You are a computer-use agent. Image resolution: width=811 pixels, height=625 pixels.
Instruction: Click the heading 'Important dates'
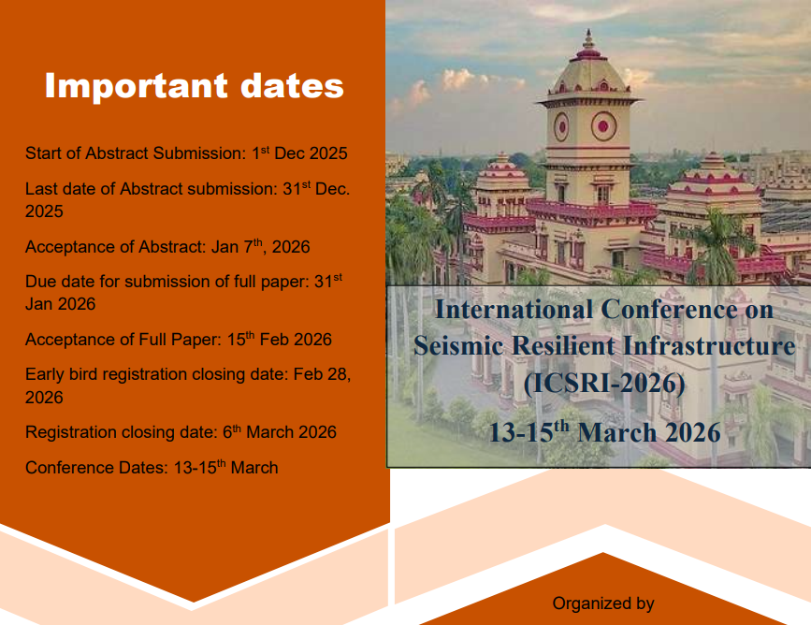pos(194,85)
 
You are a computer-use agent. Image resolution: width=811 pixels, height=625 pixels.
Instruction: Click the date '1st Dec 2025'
pos(299,153)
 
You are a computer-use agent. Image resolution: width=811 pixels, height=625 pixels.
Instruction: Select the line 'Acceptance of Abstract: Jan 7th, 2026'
pos(167,246)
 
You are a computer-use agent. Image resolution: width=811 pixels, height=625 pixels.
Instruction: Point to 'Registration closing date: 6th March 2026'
pos(181,431)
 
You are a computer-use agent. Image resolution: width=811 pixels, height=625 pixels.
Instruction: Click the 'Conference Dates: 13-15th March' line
pos(152,467)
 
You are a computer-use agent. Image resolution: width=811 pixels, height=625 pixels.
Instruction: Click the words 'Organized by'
pos(603,603)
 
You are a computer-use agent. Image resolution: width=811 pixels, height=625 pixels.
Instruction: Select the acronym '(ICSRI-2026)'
pos(604,383)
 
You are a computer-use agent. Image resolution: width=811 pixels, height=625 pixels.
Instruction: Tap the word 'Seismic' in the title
pos(458,345)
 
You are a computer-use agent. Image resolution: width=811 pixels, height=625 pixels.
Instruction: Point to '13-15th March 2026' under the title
pos(604,431)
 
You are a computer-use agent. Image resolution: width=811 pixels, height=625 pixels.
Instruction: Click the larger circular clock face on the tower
pos(603,126)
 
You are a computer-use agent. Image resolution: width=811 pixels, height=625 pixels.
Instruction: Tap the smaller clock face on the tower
pos(561,126)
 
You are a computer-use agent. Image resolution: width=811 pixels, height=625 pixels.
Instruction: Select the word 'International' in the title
pos(514,310)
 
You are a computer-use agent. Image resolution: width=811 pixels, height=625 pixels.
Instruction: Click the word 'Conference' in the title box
pos(669,310)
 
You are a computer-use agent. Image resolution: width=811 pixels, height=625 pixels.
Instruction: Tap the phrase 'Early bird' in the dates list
pos(62,373)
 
